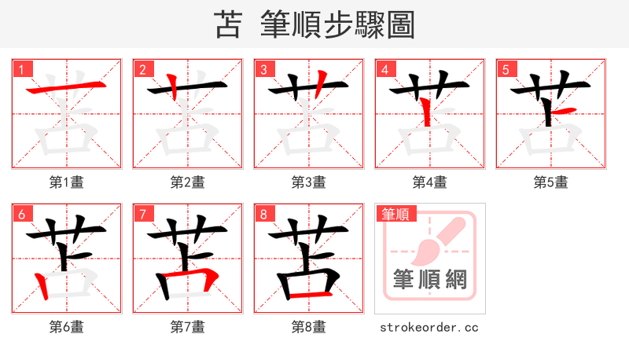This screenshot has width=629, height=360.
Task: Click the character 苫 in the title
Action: coord(229,24)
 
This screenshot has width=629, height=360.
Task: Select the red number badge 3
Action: coord(264,69)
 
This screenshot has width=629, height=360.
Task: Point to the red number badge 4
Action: coord(385,69)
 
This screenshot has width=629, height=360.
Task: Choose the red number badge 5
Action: coord(506,69)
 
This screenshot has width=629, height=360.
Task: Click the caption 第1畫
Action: coord(66,182)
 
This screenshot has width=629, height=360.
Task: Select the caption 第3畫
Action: coord(308,182)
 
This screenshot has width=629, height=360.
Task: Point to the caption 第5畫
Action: coord(550,182)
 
